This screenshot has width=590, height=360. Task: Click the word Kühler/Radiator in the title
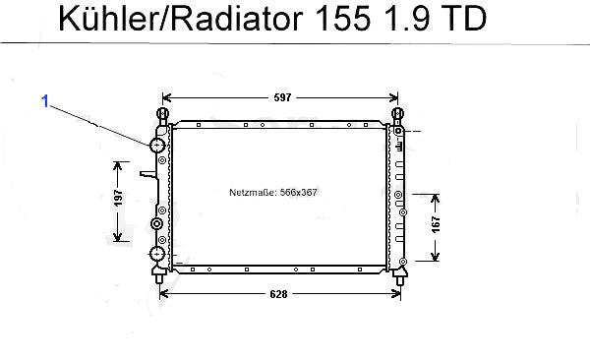[x=181, y=18]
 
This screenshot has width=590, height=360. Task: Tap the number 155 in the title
[x=342, y=18]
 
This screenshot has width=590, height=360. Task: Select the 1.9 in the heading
[x=406, y=18]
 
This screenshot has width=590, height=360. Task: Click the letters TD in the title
[x=464, y=18]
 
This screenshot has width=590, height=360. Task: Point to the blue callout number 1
[x=45, y=101]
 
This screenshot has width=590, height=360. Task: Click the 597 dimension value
[x=282, y=98]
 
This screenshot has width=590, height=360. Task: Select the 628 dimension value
[x=278, y=294]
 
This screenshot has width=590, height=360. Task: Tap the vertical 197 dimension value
[x=118, y=198]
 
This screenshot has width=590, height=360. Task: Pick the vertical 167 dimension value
[x=436, y=224]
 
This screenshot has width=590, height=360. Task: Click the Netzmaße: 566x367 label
[x=273, y=193]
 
